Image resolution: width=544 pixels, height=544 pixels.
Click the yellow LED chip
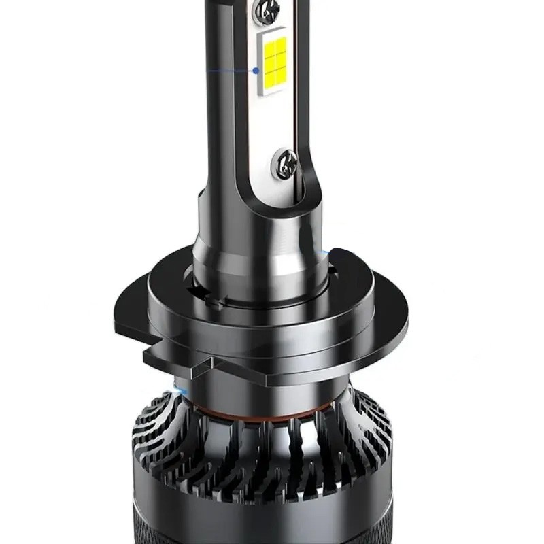[x=275, y=65]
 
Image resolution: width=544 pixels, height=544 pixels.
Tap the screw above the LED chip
[x=266, y=10]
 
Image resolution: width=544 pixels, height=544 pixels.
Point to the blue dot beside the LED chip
[x=256, y=70]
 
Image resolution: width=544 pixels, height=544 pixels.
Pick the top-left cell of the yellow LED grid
[x=268, y=51]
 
